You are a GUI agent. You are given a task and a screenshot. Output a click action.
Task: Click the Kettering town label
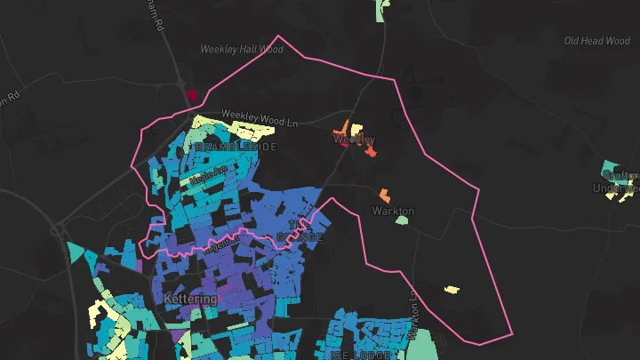190,299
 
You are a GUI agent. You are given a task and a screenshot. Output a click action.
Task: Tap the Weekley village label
354,140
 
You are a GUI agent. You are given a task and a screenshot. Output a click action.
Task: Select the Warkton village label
392,211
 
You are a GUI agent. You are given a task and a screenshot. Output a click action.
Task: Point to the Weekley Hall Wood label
242,50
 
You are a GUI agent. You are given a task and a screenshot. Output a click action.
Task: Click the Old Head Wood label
596,41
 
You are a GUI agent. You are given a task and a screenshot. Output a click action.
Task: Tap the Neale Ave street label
208,172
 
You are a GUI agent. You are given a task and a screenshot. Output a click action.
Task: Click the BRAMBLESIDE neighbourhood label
236,146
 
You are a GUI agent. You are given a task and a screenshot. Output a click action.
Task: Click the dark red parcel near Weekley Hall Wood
191,92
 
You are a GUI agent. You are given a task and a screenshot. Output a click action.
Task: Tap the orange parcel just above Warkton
384,194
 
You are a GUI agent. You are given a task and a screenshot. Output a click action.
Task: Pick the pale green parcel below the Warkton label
402,220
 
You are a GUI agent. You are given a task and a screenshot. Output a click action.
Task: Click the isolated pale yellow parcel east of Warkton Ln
452,289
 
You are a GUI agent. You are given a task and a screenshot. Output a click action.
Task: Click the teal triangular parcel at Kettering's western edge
78,254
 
